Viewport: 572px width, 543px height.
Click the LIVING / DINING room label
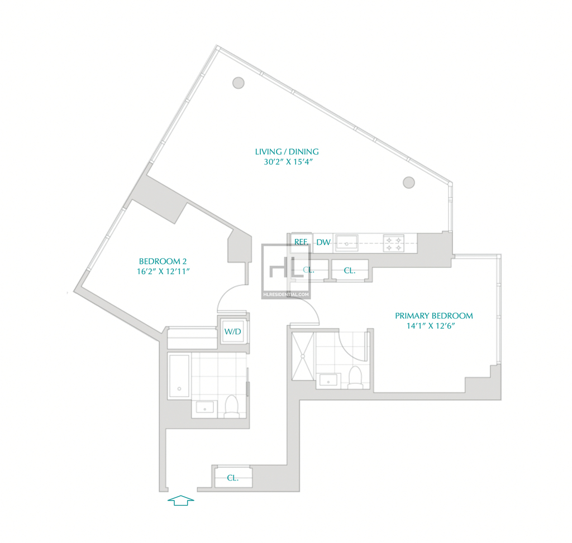(x=287, y=152)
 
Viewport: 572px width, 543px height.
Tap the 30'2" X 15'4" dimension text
(x=289, y=162)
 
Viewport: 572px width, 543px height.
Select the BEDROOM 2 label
(x=163, y=261)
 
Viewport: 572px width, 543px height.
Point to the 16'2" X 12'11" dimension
(x=163, y=271)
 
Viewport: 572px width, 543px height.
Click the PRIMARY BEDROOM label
(x=433, y=316)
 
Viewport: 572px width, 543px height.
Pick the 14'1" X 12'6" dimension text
(x=431, y=326)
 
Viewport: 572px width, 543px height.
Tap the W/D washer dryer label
(x=233, y=331)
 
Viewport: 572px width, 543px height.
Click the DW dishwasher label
(x=323, y=242)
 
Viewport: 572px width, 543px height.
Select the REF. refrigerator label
(x=301, y=242)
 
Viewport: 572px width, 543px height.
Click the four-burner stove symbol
(x=394, y=244)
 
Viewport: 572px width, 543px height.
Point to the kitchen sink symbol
(x=346, y=243)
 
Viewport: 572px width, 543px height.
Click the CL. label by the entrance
(x=233, y=478)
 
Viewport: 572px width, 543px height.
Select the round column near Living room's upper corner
(x=238, y=83)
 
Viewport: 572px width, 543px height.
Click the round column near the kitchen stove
(x=408, y=182)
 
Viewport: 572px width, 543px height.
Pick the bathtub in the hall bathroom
(x=179, y=376)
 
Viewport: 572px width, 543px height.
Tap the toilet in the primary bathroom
(x=355, y=377)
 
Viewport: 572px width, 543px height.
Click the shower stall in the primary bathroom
(x=303, y=355)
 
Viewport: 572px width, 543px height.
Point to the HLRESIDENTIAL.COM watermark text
(x=286, y=295)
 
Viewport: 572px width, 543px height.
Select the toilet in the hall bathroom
(x=231, y=406)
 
